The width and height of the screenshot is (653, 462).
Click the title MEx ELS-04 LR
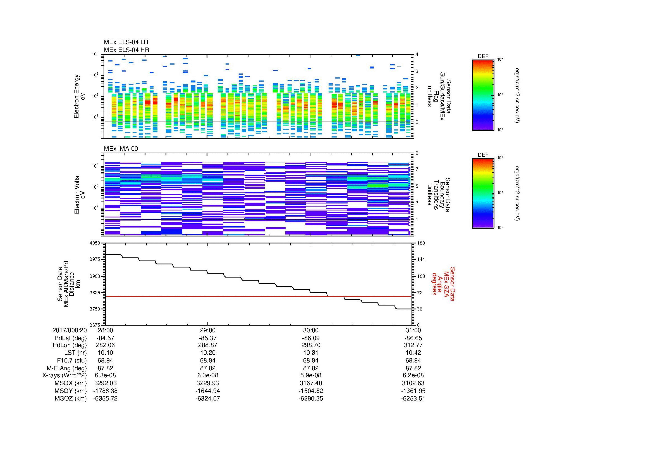coord(126,42)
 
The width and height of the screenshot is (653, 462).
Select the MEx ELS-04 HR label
coord(126,50)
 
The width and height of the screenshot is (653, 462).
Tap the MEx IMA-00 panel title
coord(121,149)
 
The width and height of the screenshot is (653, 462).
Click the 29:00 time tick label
coord(208,330)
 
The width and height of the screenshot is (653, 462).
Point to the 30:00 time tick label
coord(310,330)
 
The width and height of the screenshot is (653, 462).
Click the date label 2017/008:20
coord(70,330)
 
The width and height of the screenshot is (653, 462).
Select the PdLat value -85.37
coord(208,338)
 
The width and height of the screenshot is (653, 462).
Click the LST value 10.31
coord(310,353)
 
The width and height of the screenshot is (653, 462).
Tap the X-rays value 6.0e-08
coord(208,375)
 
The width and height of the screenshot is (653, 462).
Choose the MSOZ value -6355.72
coord(106,399)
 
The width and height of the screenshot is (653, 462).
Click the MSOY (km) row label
coord(71,391)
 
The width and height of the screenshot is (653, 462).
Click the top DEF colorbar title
coord(483,56)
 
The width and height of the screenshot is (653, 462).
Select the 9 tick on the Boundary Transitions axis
coord(417,153)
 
